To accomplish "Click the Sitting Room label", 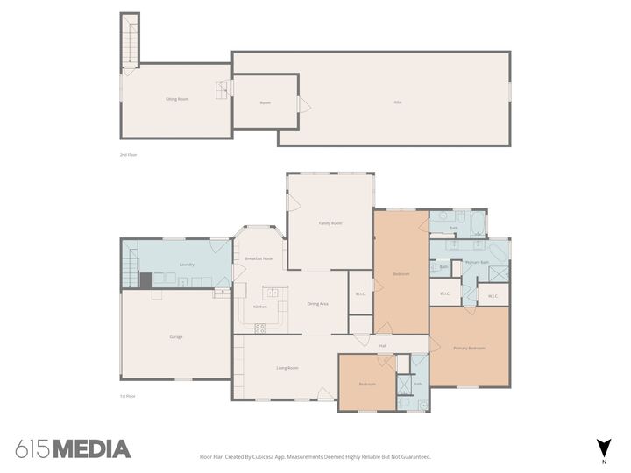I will coord(177,99).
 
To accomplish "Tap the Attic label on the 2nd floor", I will coord(397,102).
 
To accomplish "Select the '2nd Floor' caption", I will coord(129,155).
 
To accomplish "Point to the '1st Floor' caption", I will coord(128,397).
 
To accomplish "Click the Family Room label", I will coord(330,223).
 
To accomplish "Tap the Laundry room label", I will coord(187,265).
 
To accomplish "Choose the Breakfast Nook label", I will coord(259,258).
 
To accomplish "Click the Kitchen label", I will coord(260,307).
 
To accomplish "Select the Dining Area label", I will coord(317,303).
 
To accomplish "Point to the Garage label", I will coord(176,336).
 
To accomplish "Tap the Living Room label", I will coord(287,368).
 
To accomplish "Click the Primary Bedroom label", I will coord(469,349).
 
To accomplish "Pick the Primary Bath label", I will coord(477,262).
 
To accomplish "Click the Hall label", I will coord(383,346).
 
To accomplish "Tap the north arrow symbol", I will coord(603,447).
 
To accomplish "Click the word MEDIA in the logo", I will coord(92,449).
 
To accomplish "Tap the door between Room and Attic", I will coord(303,105).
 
